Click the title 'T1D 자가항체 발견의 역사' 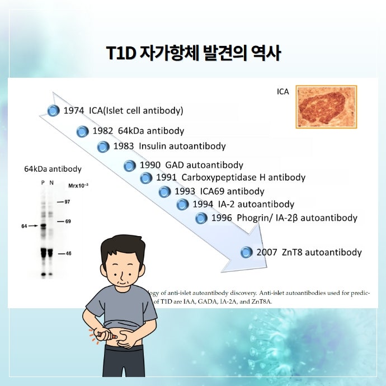coord(193,54)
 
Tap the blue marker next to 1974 coord(53,111)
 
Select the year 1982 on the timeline coord(103,131)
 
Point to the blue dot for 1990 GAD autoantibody coord(130,166)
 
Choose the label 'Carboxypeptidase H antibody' coord(243,178)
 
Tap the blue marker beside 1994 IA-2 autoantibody coord(182,205)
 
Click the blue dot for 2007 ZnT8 coord(246,253)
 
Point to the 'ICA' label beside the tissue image coord(283,91)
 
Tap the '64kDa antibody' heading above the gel coord(53,169)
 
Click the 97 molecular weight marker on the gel coord(67,201)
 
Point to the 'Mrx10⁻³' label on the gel coord(78,184)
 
